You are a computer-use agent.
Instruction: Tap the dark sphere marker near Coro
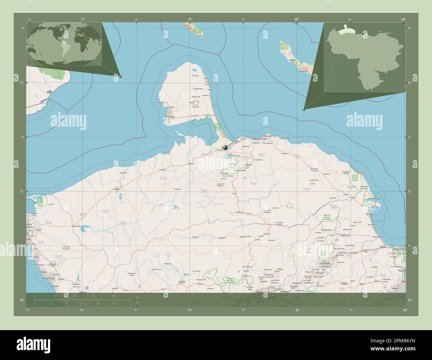pos(225,147)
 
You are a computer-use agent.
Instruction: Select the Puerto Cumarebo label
pos(260,138)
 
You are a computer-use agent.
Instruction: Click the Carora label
pos(181,282)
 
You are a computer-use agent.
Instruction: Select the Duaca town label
pos(280,269)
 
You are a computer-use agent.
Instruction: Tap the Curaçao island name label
pos(292,60)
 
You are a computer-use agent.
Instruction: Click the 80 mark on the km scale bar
pos(114,296)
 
